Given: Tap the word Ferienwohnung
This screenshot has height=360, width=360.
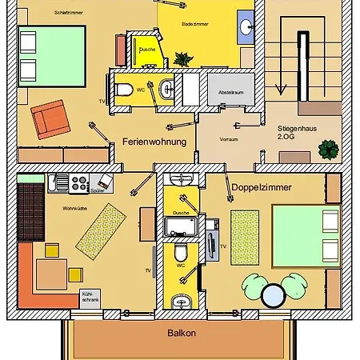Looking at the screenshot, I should coord(154,142).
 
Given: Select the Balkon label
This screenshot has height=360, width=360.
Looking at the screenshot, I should coord(181,333).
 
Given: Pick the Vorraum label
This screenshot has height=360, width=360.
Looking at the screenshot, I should coord(230,138).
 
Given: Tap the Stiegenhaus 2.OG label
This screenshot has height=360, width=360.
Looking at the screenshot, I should coord(294,133).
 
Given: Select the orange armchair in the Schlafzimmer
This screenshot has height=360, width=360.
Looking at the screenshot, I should coord(48,118).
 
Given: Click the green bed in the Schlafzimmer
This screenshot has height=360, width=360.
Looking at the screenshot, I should coord(52,56).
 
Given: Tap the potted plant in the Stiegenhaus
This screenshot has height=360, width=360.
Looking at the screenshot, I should coord(327,149).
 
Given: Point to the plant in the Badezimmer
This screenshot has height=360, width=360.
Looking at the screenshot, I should coord(182,58).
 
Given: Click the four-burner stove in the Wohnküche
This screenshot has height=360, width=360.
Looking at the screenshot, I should coord(79,184).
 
